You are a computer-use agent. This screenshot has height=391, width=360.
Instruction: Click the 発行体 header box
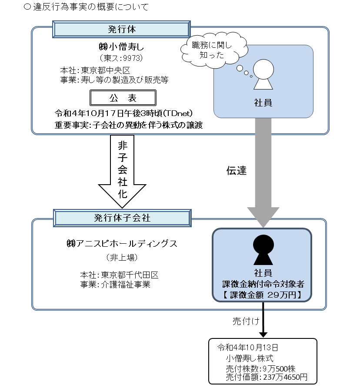(x=121, y=30)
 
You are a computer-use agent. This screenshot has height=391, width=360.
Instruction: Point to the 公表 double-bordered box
(x=122, y=98)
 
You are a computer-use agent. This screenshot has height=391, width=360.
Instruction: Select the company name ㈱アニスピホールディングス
(x=119, y=244)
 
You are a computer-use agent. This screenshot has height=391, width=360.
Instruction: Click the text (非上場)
(x=122, y=258)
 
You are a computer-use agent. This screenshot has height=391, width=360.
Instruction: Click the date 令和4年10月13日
(x=247, y=348)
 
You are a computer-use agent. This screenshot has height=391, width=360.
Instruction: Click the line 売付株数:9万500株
(x=260, y=368)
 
